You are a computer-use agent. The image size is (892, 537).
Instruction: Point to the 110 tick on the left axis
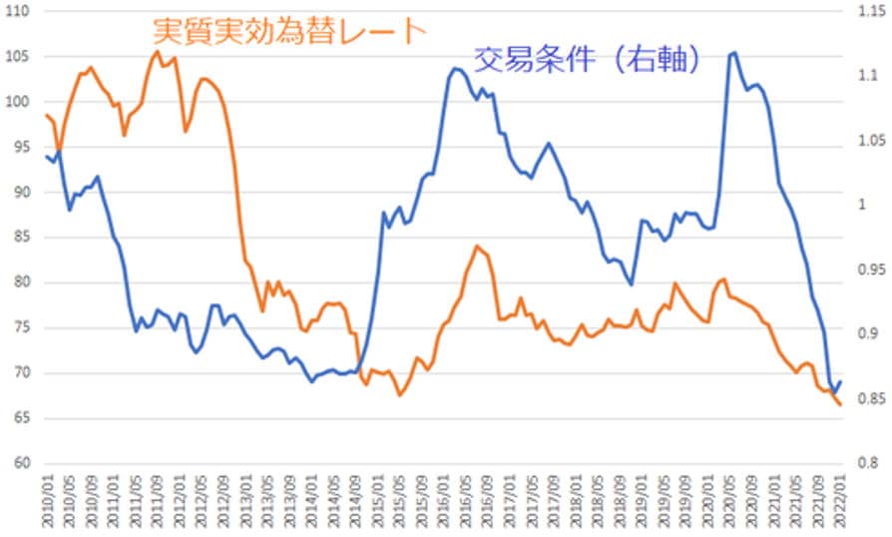click(16, 11)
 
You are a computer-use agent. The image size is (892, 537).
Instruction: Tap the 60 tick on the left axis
click(20, 464)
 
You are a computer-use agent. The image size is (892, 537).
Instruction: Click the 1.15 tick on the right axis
click(865, 11)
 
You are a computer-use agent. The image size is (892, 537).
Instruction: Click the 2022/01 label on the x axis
click(842, 504)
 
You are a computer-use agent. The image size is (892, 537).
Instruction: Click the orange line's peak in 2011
click(157, 52)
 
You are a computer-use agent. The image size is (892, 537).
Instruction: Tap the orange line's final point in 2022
click(840, 404)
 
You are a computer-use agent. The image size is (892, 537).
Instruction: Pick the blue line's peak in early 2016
click(455, 69)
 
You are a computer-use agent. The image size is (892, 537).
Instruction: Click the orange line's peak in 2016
click(477, 246)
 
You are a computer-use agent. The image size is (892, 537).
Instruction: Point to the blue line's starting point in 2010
click(46, 155)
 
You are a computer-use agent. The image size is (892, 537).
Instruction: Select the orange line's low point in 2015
click(399, 395)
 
